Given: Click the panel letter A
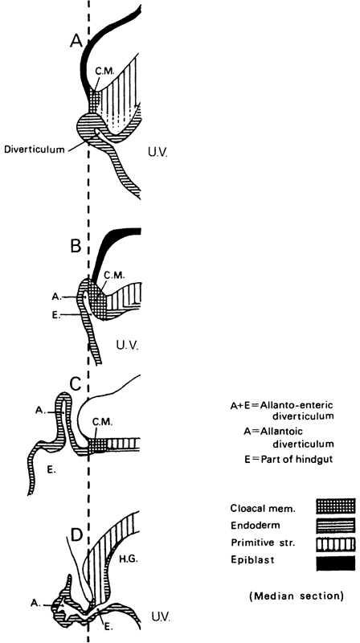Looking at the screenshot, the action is pos(76,40).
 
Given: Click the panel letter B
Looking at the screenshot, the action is pos(77,247).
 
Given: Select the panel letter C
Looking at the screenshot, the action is pos(77,384).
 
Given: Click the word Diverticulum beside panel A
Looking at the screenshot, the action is pos(35,149).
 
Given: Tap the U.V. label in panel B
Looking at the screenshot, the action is pos(128,346).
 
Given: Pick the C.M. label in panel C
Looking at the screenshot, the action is pos(104,421).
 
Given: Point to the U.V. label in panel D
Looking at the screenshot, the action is pos(157,616).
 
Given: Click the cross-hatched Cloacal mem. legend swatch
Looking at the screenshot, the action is pos(335,506).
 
